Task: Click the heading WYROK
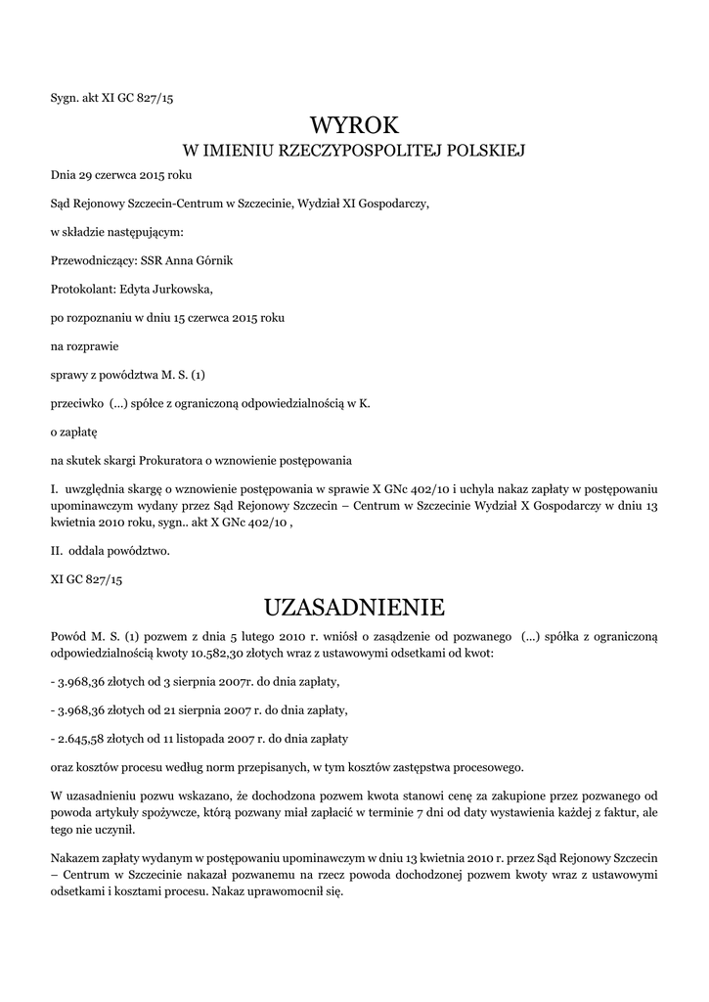click(355, 124)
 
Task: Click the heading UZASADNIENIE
click(354, 608)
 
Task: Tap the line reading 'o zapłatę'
click(74, 431)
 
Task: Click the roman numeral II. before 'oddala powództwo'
click(57, 551)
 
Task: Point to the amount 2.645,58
click(79, 738)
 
